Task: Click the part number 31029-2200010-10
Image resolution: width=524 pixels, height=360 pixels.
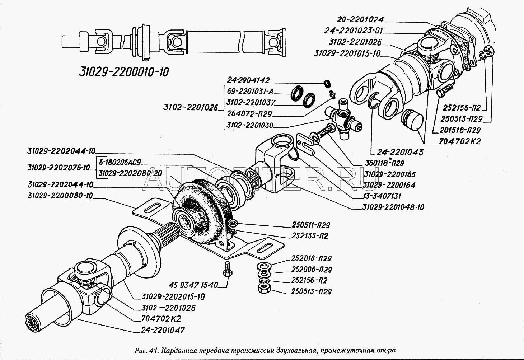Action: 123,71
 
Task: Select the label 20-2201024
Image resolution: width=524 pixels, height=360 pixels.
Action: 363,19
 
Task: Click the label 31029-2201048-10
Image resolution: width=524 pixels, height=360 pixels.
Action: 393,207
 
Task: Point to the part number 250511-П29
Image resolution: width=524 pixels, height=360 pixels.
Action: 310,225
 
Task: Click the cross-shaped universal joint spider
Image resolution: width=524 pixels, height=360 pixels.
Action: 343,120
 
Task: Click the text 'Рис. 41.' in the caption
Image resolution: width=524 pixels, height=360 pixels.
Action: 146,350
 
